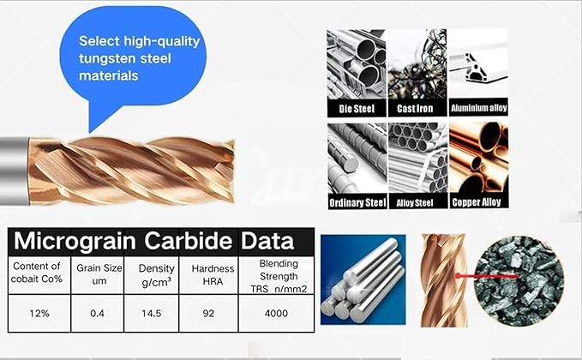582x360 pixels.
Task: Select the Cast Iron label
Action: (417, 109)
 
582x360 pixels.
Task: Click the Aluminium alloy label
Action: (479, 109)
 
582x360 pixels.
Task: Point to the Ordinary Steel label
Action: (357, 203)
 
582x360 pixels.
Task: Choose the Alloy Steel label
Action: (417, 203)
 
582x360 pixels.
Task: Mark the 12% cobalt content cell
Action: (39, 313)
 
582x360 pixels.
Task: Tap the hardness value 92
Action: (208, 313)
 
